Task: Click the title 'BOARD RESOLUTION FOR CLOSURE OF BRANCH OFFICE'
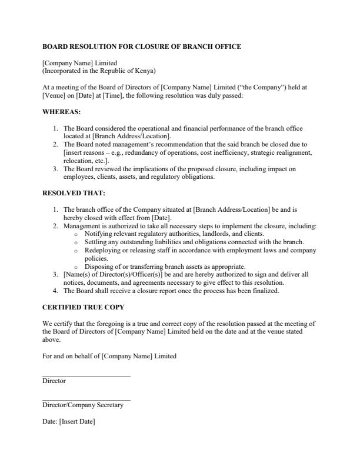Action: point(142,46)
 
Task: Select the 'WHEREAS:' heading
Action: point(62,111)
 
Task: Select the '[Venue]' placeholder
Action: point(54,95)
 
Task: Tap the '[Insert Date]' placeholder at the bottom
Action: point(76,422)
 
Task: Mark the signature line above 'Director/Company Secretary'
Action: point(86,400)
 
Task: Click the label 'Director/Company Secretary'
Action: point(83,405)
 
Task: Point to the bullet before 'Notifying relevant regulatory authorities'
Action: point(76,234)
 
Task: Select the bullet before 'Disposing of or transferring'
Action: point(76,267)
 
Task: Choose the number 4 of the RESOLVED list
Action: point(55,291)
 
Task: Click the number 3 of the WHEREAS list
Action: point(55,169)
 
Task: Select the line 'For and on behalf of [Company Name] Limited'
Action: point(109,356)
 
